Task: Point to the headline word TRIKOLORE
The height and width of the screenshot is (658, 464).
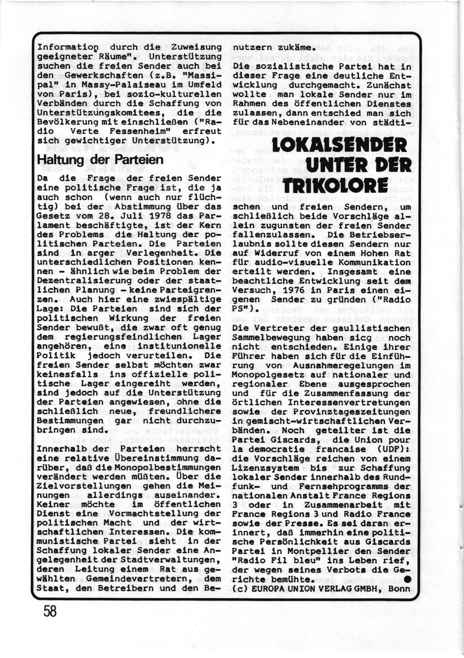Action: point(336,185)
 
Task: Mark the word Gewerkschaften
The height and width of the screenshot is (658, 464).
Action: point(105,76)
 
